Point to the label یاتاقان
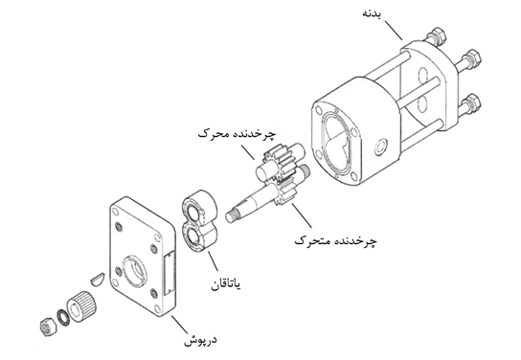pos(226,284)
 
